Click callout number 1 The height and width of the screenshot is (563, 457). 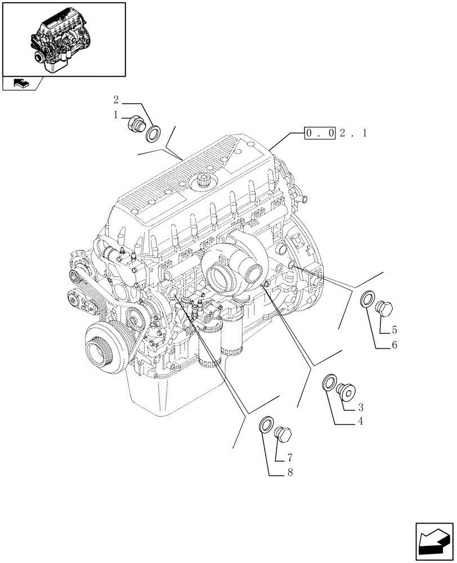pos(116,115)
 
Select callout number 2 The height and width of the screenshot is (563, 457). pos(116,101)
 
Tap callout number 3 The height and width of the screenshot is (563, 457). pos(360,406)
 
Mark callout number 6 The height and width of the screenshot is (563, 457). pos(395,345)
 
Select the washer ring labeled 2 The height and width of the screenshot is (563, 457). pos(152,134)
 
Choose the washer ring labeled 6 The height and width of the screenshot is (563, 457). pos(367,300)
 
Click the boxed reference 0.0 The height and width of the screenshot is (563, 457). pos(320,133)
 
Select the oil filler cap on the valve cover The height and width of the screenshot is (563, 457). pos(203,182)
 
